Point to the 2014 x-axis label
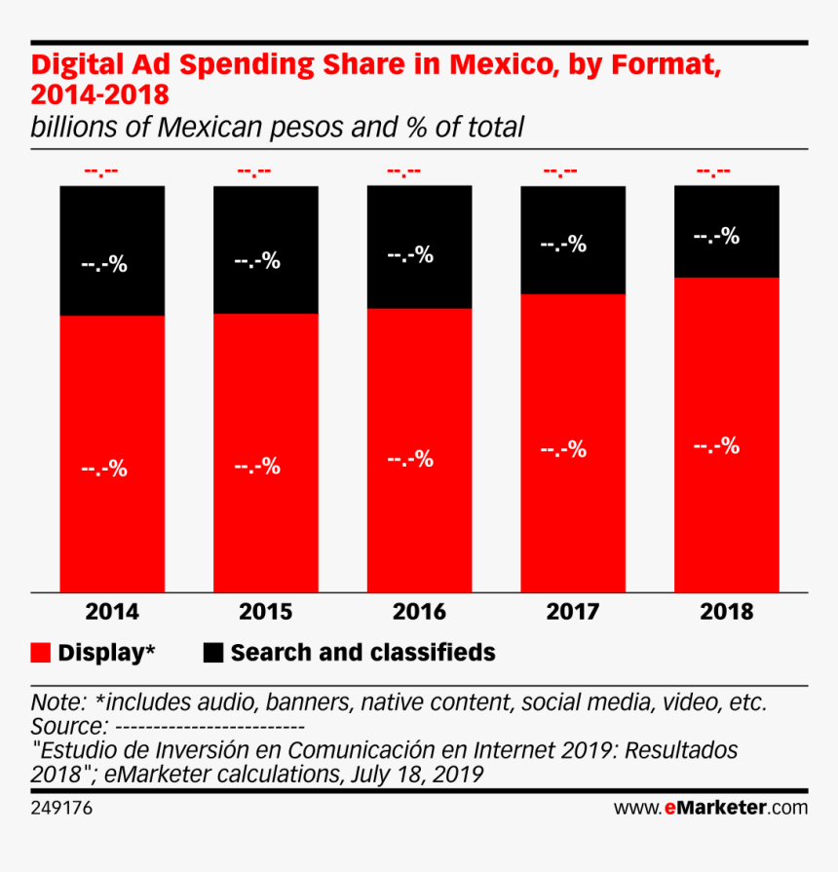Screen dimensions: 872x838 click(112, 612)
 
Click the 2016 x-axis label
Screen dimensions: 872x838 click(419, 612)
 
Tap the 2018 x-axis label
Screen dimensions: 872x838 click(727, 612)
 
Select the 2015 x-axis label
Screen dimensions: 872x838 click(266, 612)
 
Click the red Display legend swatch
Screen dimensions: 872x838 click(41, 653)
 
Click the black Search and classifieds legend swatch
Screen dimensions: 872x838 click(213, 653)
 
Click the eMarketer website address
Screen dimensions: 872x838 click(710, 808)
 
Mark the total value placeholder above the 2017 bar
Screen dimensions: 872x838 click(560, 172)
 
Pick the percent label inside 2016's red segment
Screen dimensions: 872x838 click(410, 459)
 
